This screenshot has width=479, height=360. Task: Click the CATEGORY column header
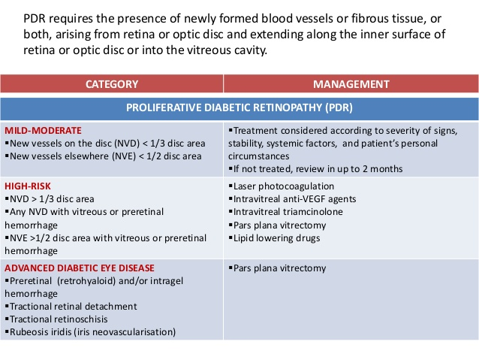(x=111, y=84)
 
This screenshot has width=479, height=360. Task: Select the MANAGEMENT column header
(x=351, y=84)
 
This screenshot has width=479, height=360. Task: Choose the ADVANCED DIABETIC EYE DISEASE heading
(x=79, y=267)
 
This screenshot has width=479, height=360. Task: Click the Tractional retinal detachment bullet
(x=72, y=306)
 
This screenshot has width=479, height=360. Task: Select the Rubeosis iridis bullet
(x=91, y=331)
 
